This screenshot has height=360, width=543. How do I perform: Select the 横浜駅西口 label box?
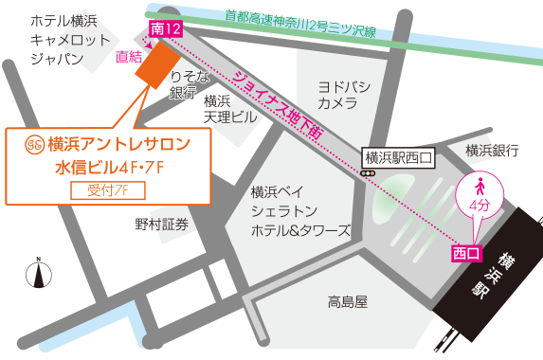tap(397, 158)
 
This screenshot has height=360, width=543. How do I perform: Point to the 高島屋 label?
tap(347, 302)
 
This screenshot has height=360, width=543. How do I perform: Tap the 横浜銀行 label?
tap(492, 151)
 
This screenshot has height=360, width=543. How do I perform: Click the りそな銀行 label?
tap(183, 83)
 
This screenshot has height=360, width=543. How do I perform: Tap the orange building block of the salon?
tap(153, 64)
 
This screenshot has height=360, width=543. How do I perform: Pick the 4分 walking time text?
tap(480, 205)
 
